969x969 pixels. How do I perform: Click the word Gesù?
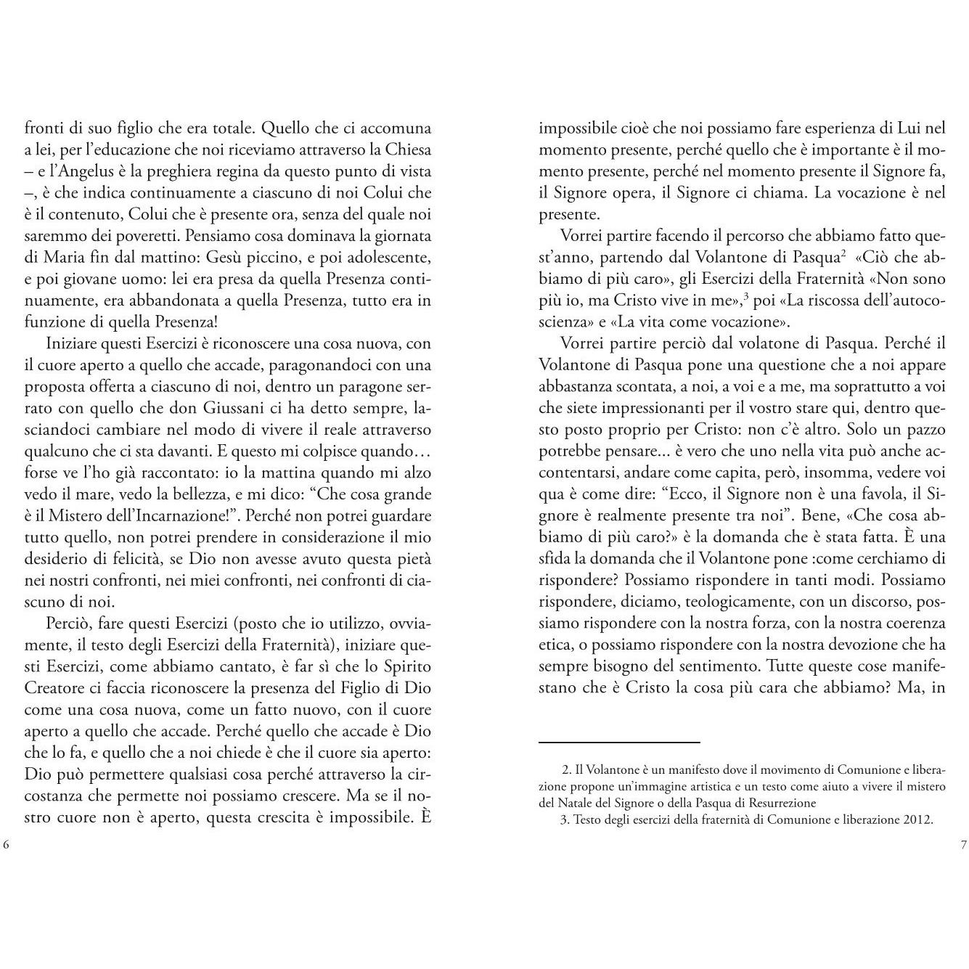(227, 258)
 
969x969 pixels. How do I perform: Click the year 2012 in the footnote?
(915, 819)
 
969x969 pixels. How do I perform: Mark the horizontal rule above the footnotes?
(619, 743)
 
